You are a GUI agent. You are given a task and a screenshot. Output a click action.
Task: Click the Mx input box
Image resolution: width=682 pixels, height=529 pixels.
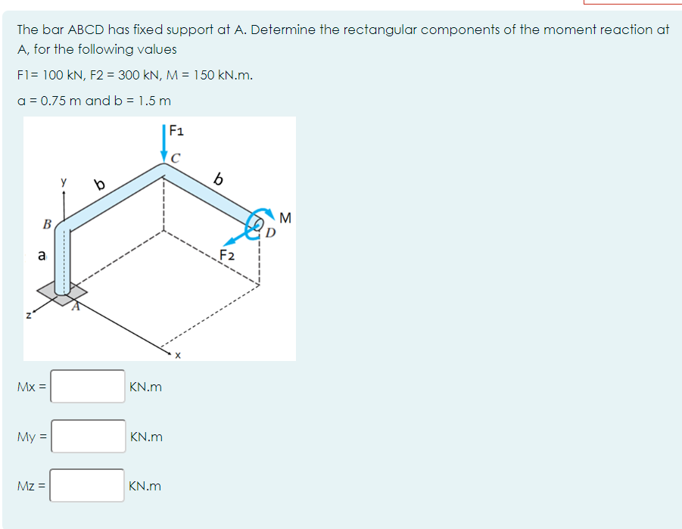point(88,387)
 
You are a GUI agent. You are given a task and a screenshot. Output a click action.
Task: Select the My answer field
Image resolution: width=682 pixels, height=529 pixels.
point(88,437)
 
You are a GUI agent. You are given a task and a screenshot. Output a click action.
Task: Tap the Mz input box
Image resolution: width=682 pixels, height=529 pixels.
point(88,486)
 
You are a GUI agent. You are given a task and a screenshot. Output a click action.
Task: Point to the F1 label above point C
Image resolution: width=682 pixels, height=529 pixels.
point(176,129)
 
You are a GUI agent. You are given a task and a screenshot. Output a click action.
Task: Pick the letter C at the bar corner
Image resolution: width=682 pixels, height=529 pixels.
point(176,158)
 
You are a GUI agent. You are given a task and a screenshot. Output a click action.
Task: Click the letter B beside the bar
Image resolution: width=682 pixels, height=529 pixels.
point(47,225)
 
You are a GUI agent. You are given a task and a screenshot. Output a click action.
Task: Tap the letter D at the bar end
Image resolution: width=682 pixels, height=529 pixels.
point(270,231)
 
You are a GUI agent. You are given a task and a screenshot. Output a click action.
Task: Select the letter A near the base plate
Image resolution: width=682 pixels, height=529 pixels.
point(75,307)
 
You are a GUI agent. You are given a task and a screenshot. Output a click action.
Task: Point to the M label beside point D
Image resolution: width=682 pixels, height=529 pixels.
point(285,219)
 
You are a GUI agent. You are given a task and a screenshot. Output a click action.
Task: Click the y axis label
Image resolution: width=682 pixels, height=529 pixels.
point(64,182)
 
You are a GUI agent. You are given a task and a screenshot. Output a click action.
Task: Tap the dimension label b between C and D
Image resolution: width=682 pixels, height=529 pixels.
point(220,179)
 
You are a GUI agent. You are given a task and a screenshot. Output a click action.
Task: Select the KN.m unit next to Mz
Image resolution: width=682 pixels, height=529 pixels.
point(145,486)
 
